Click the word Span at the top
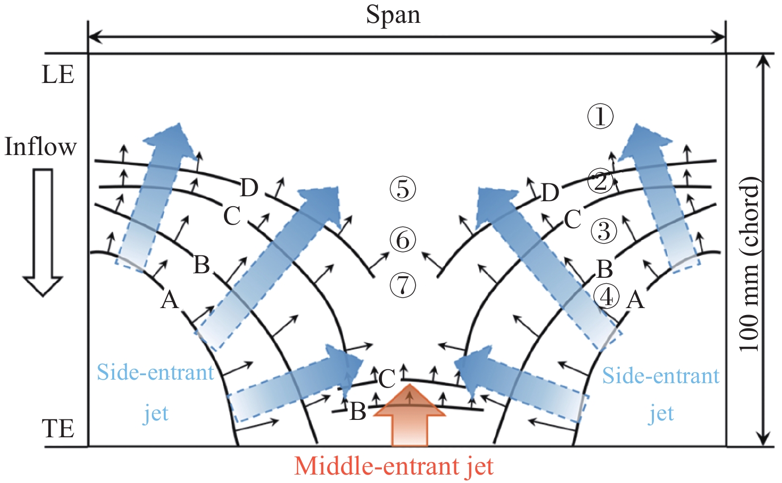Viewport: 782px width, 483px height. (393, 15)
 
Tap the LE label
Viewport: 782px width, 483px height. (58, 75)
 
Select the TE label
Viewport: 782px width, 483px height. (58, 428)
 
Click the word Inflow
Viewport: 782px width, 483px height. (41, 147)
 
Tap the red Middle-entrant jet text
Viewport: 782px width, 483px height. (394, 466)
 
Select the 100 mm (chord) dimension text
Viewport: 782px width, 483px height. (749, 263)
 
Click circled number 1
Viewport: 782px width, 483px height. (600, 117)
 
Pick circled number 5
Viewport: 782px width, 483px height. (403, 189)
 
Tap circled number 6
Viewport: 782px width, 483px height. (403, 240)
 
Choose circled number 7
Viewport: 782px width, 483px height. (403, 286)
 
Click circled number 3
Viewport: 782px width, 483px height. (604, 231)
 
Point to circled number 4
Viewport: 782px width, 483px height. (607, 297)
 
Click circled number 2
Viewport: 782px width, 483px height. (600, 181)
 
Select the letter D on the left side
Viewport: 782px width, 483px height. (249, 188)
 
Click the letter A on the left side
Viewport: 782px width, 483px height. (169, 300)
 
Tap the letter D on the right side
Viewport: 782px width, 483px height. (550, 193)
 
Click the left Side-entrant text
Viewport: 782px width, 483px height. (155, 373)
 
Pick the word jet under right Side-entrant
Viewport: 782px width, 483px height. (661, 413)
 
